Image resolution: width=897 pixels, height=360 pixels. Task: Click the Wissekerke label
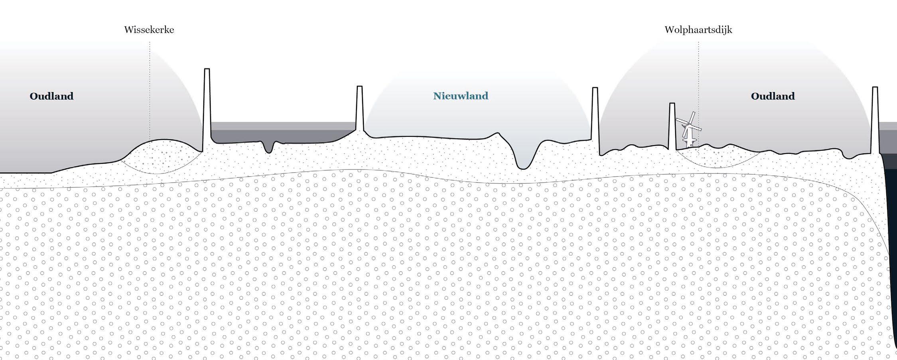click(149, 30)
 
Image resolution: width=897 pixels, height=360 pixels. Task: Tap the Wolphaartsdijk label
click(698, 30)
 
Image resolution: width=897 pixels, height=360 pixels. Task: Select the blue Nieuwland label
click(461, 96)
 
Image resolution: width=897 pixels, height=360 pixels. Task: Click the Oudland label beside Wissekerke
click(51, 96)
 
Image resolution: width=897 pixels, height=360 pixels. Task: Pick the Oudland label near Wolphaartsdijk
click(773, 96)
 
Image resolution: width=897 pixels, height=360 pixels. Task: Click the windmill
click(688, 132)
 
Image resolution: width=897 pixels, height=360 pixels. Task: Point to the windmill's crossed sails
click(688, 125)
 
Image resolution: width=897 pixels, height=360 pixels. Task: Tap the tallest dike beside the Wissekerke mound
click(207, 108)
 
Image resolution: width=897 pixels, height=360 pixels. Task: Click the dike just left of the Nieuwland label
click(359, 108)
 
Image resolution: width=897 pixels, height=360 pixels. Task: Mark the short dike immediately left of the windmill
click(672, 126)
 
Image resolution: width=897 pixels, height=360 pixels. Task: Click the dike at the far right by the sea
click(875, 120)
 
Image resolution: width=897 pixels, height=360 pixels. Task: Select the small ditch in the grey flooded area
click(270, 148)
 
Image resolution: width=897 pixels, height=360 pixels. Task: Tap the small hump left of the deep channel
click(497, 134)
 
